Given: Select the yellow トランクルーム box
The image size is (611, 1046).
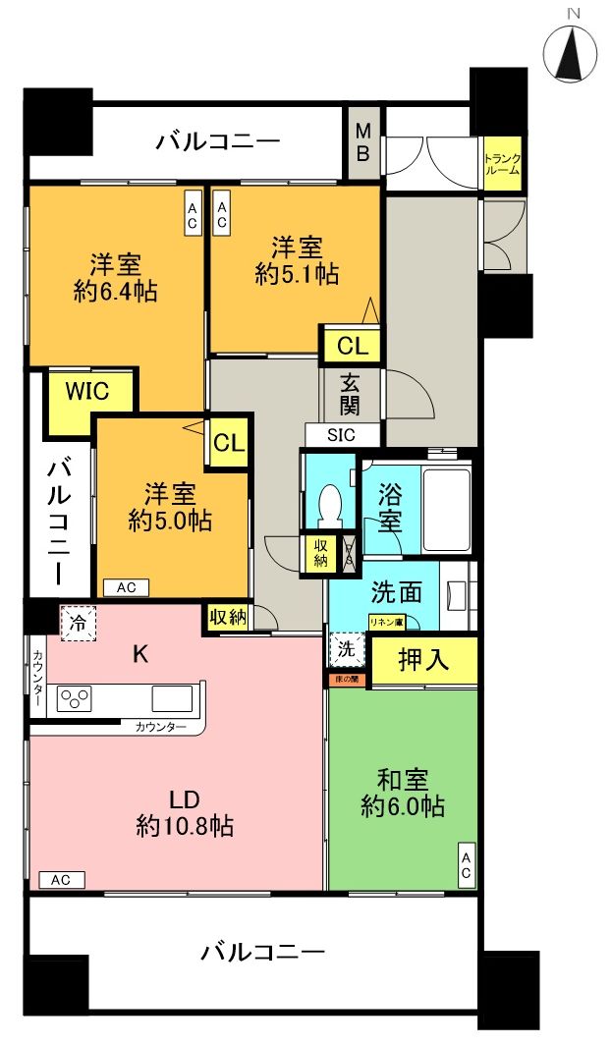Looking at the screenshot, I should [x=501, y=163].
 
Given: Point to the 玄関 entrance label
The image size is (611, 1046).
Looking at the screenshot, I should [x=350, y=393].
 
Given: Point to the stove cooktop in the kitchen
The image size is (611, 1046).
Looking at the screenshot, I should [x=74, y=698].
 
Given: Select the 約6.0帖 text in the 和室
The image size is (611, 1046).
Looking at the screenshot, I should [x=402, y=806].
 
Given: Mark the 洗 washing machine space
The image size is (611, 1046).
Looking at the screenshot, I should [x=346, y=650].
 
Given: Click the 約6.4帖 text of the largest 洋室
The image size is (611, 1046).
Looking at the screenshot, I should [x=116, y=291].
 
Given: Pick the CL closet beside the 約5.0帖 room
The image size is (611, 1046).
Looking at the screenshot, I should [x=228, y=442].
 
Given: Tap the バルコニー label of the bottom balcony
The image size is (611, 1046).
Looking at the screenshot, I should [x=262, y=951].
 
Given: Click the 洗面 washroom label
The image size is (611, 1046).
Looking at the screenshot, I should [x=397, y=592].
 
